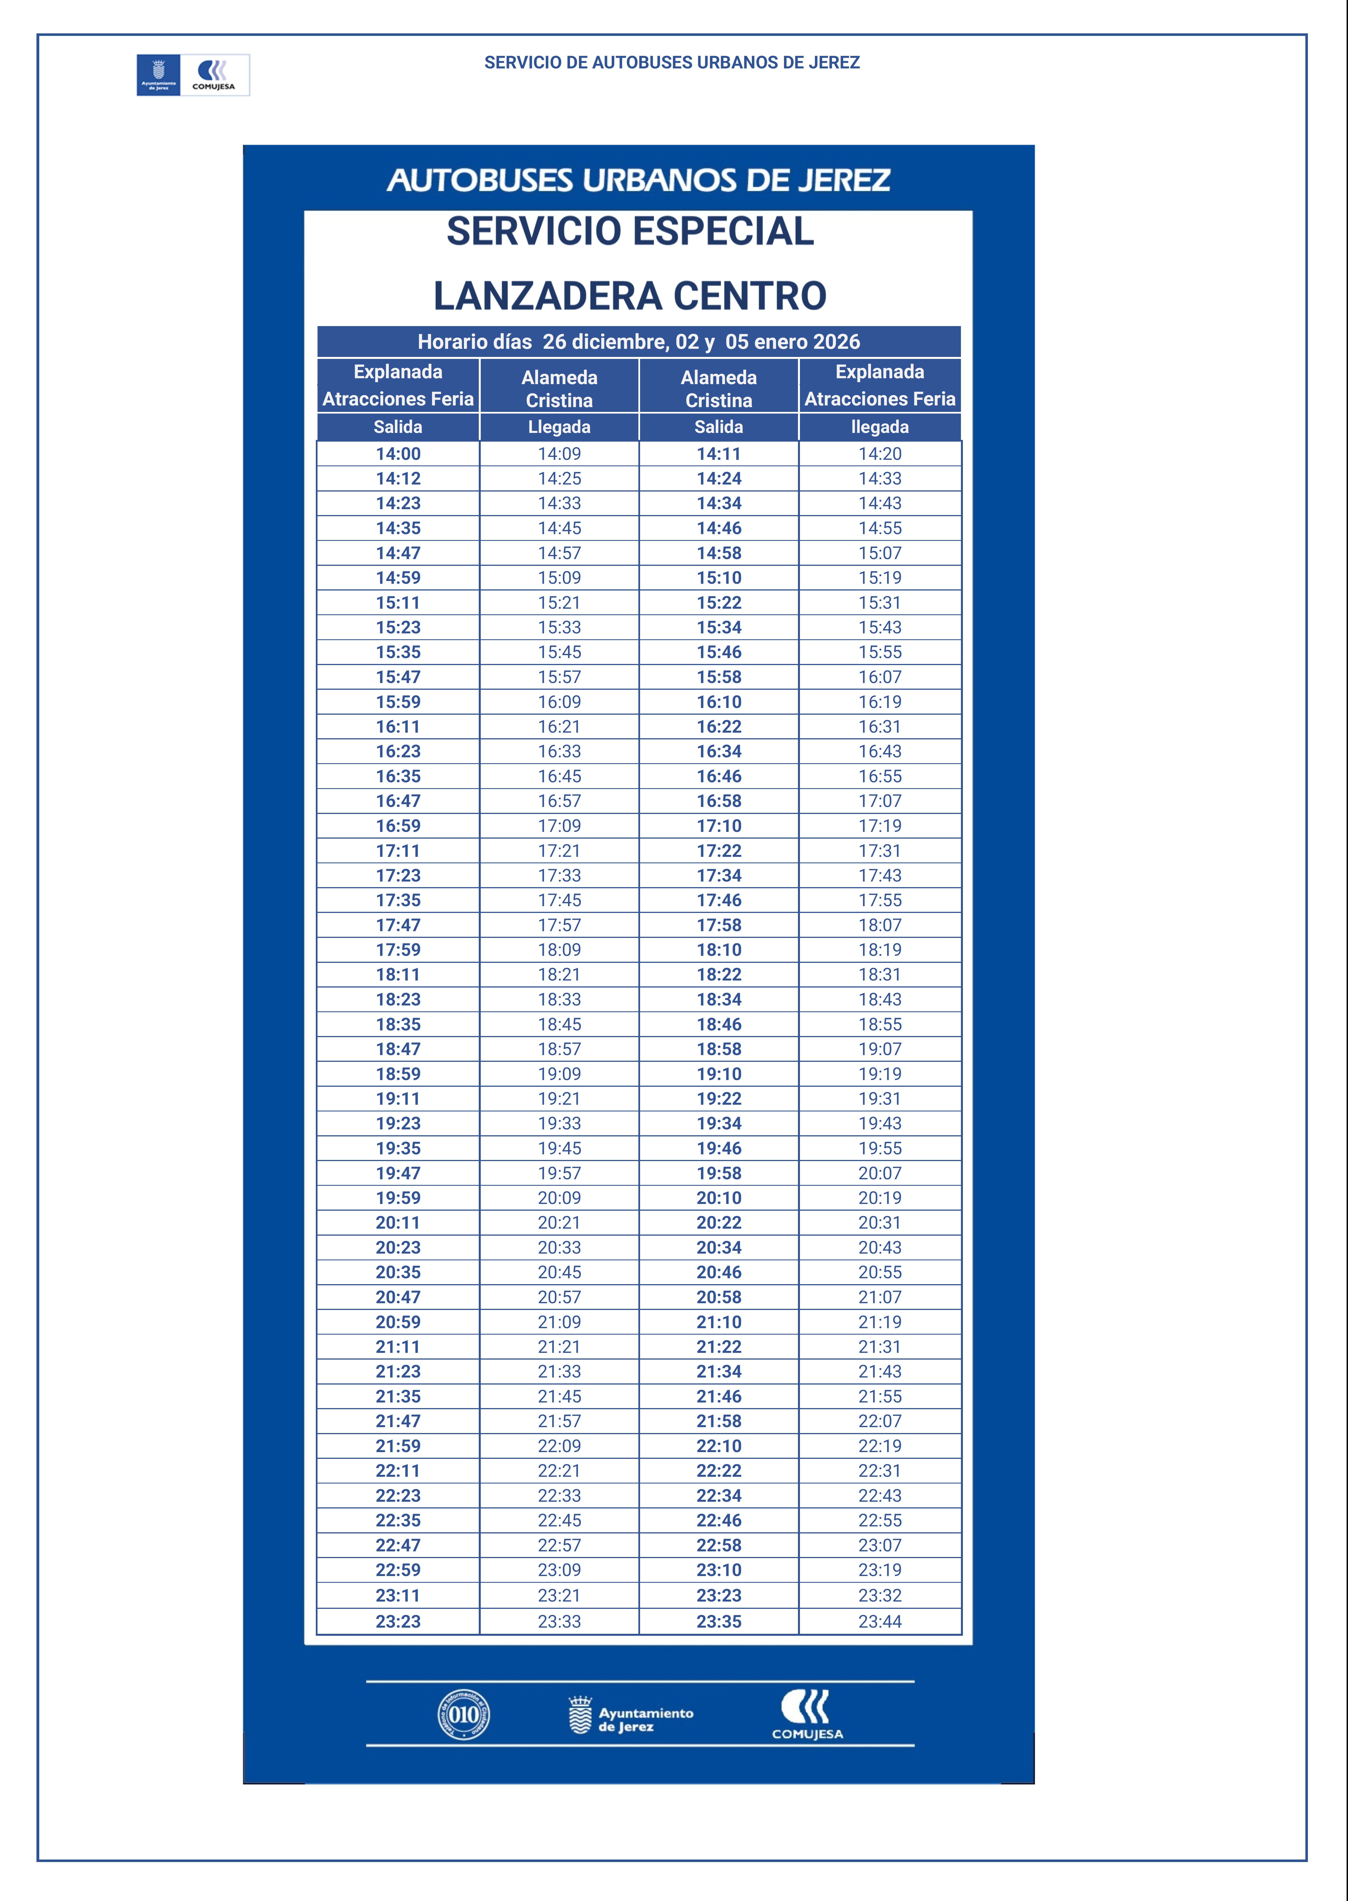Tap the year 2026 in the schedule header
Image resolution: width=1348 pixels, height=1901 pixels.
click(x=836, y=342)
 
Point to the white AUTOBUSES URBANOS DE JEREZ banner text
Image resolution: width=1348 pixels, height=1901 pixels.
click(x=638, y=180)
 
